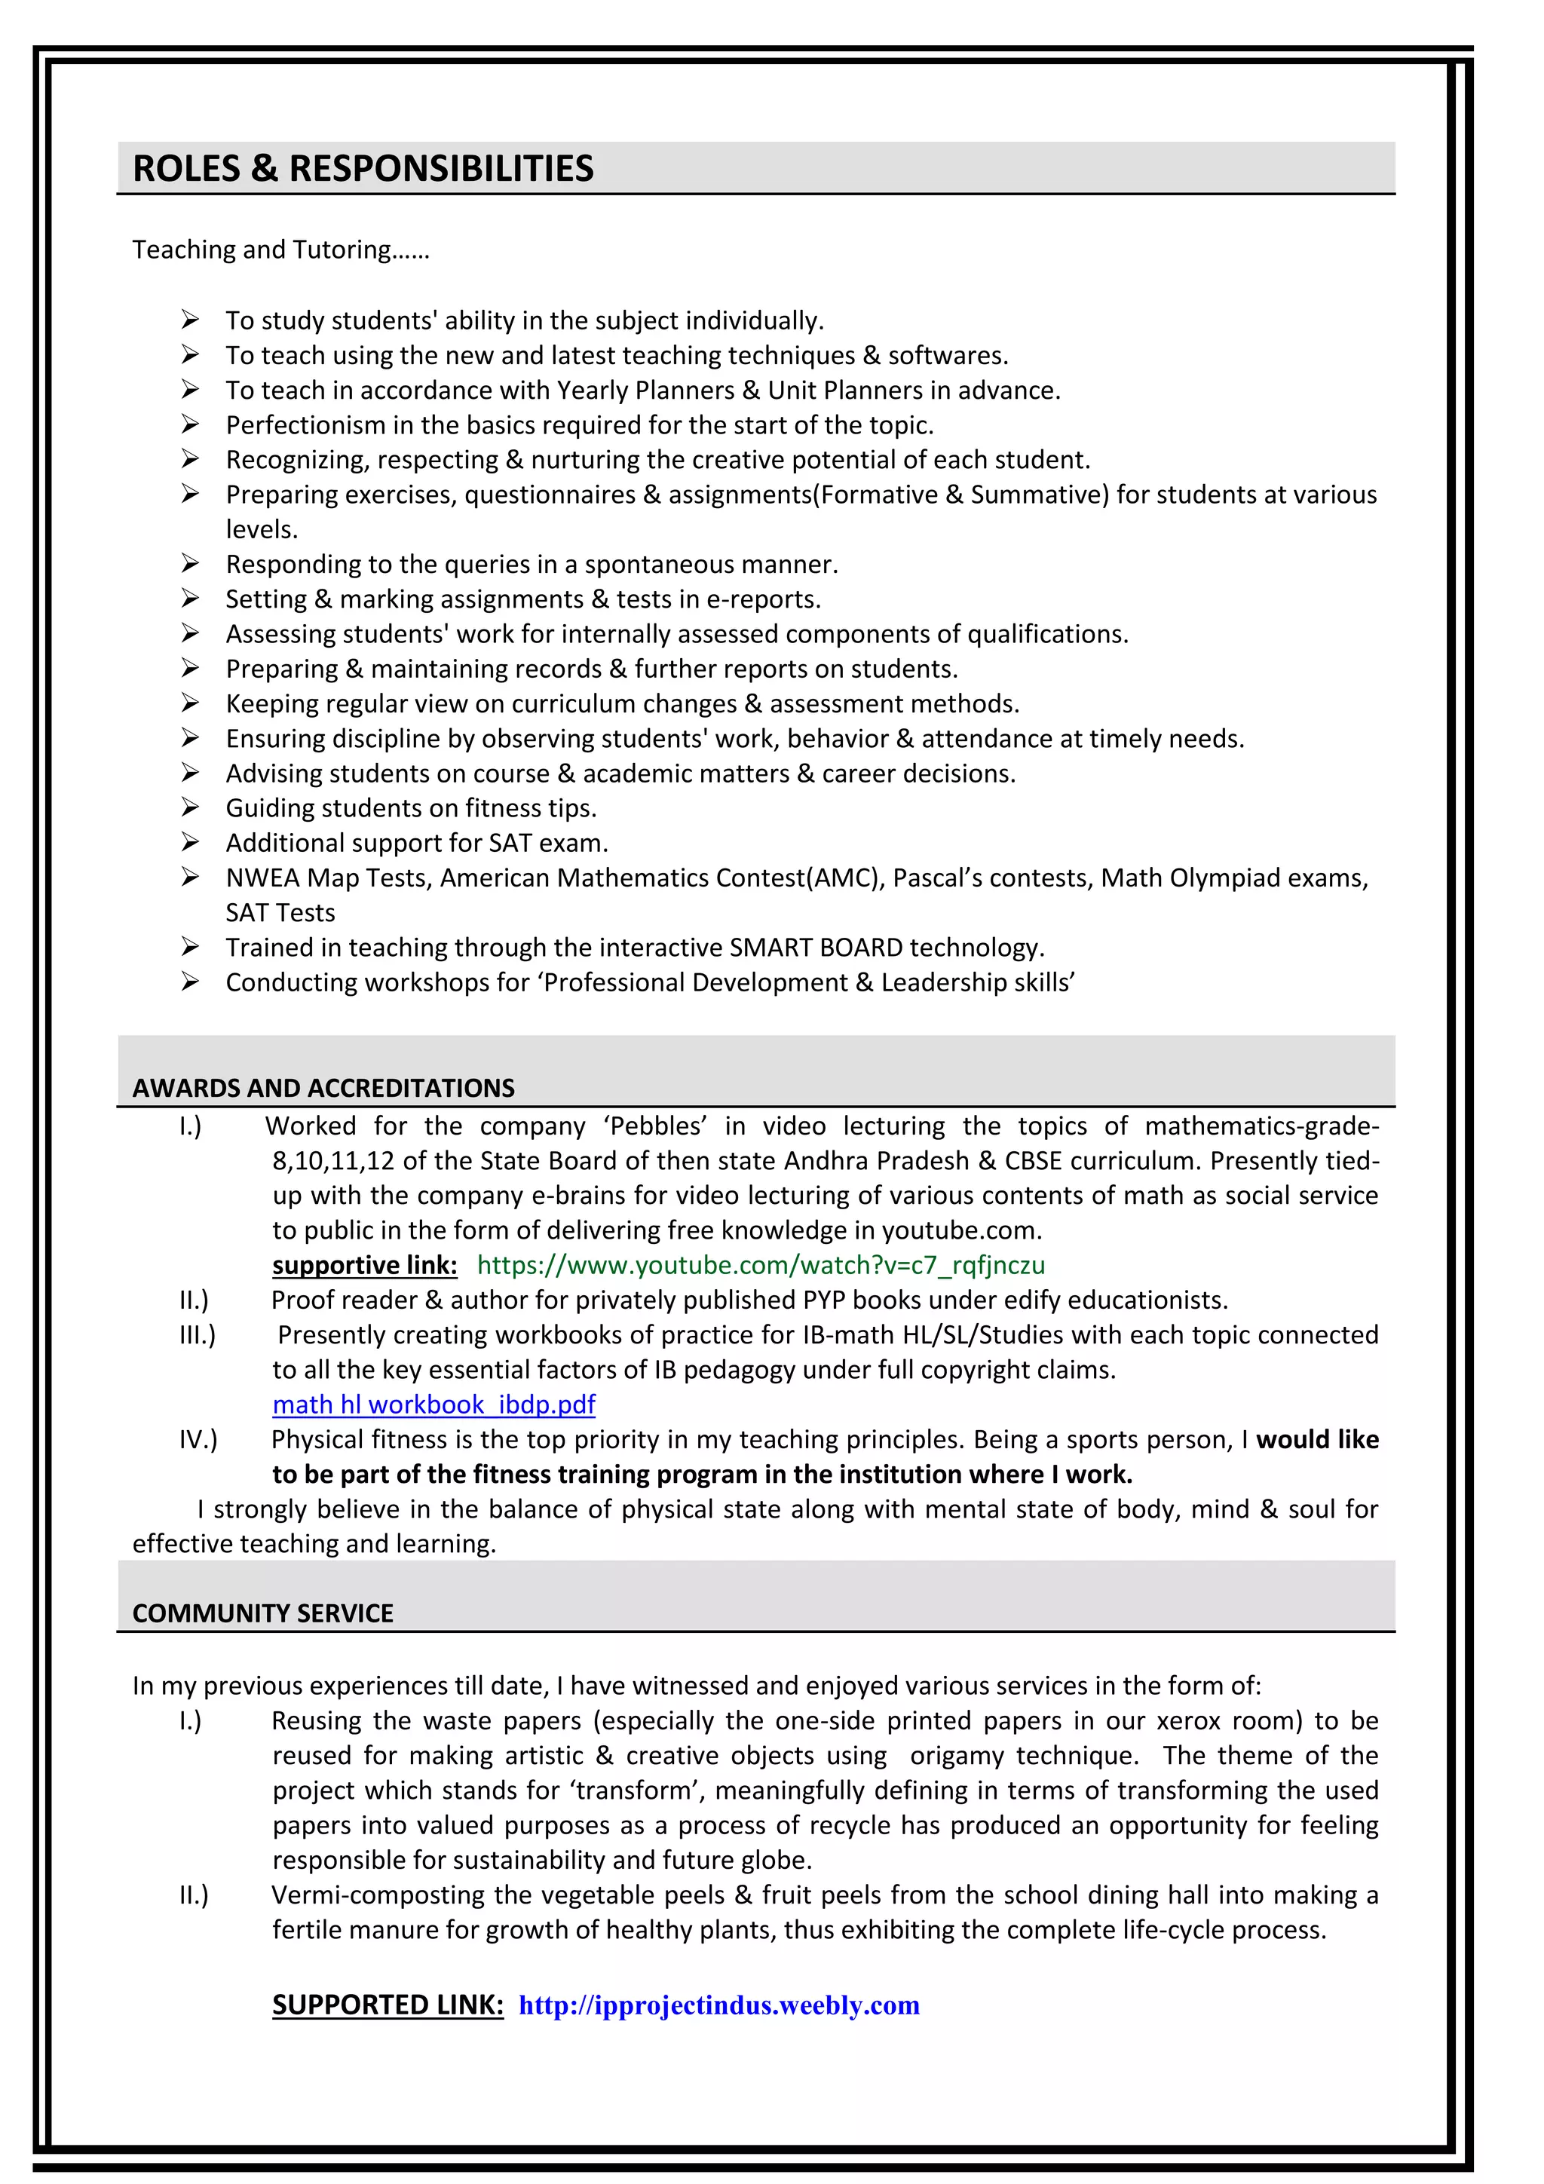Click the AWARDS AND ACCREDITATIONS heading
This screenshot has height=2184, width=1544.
pos(323,1088)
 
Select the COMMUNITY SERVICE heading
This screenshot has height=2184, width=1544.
pos(262,1613)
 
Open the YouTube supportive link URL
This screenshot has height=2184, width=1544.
pos(760,1265)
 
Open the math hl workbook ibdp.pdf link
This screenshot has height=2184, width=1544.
pos(433,1405)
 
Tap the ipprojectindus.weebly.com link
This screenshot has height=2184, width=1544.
pos(719,2005)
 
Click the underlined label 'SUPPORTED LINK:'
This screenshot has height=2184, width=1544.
pos(388,2005)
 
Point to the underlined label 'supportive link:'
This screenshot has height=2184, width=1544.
pos(364,1265)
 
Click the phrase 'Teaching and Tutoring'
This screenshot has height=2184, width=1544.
pos(262,250)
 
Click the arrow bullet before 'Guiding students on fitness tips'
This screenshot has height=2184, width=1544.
pos(190,807)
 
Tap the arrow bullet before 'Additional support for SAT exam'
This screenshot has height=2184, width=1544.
pos(190,843)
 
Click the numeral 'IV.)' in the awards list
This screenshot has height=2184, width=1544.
pos(198,1439)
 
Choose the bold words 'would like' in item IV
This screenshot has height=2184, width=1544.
pos(1316,1439)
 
